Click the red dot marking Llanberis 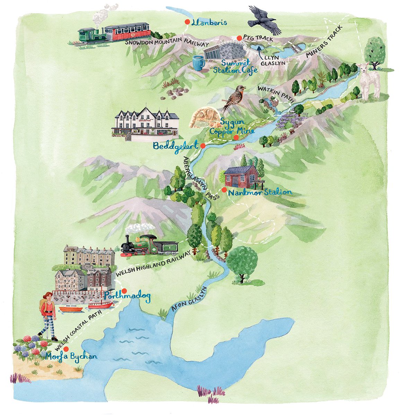pyautogui.click(x=187, y=22)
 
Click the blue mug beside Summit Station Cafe pyautogui.click(x=198, y=63)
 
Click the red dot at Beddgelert pyautogui.click(x=203, y=146)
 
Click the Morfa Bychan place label pyautogui.click(x=71, y=356)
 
